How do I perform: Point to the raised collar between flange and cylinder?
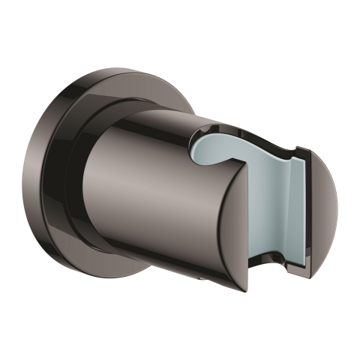coord(105,112)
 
